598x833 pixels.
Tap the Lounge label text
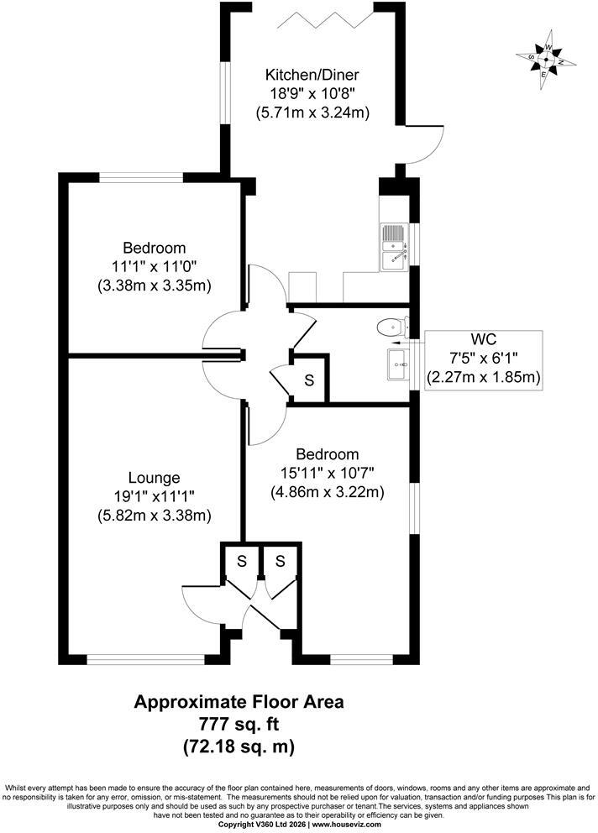coord(155,478)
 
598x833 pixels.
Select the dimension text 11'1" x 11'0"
coord(155,267)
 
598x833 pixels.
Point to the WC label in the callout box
coord(483,339)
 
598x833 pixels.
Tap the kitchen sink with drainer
coord(394,248)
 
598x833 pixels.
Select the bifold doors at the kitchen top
coord(326,19)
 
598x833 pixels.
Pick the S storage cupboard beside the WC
coord(309,380)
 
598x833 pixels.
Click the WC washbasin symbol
coord(398,364)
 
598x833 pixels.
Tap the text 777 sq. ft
coord(239,724)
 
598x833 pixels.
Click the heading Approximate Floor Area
coord(239,702)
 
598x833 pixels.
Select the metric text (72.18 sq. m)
coord(239,747)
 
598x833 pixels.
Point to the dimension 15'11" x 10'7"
coord(328,473)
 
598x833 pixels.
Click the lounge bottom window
coord(145,659)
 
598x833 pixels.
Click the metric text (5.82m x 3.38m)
coord(155,515)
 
